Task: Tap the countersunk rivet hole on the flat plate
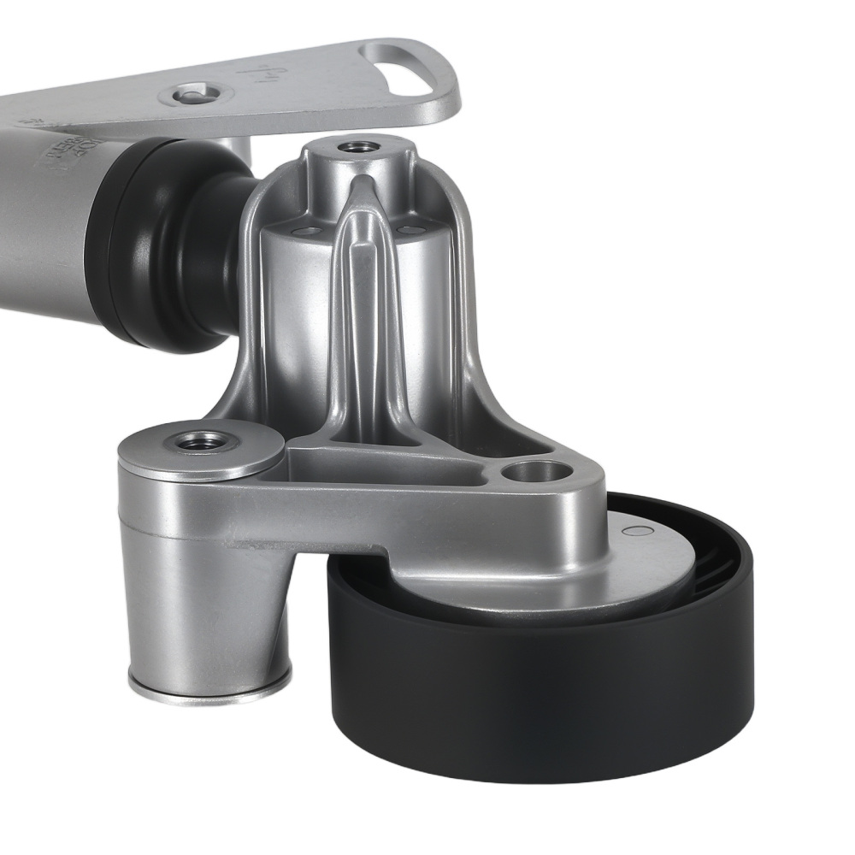195,92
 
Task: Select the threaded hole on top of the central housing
354,148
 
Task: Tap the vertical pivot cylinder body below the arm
205,598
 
